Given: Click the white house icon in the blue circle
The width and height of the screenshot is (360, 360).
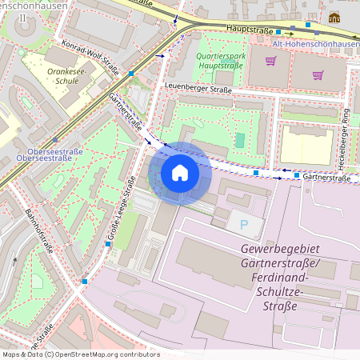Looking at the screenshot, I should pyautogui.click(x=180, y=173).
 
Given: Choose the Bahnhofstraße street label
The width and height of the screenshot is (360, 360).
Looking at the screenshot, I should pyautogui.click(x=38, y=231).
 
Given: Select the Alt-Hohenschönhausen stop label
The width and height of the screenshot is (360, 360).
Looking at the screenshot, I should pyautogui.click(x=315, y=43).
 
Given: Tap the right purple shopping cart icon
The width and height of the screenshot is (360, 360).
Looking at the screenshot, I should pyautogui.click(x=318, y=76).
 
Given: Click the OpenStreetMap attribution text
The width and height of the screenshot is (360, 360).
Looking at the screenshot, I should pyautogui.click(x=80, y=354).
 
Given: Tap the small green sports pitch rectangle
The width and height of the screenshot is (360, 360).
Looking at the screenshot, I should pyautogui.click(x=240, y=140).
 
